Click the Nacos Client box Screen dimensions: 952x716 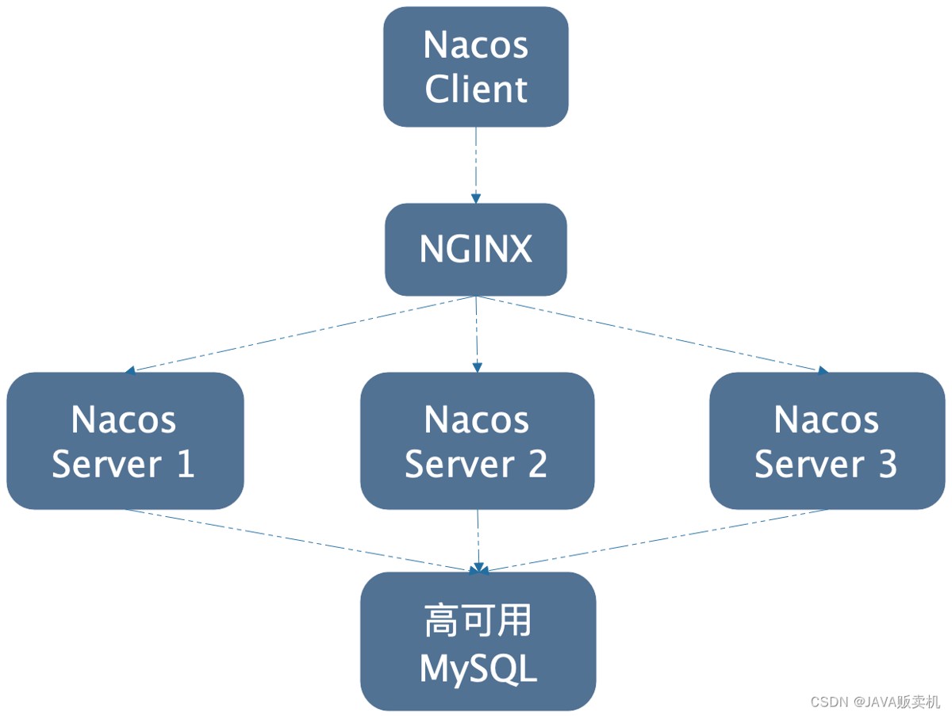[476, 67]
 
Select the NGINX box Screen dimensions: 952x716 [476, 250]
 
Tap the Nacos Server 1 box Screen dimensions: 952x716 [125, 441]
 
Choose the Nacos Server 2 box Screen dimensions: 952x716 [477, 441]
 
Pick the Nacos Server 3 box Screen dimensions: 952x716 [827, 441]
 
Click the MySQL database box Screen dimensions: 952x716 [478, 641]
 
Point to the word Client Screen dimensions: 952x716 [476, 89]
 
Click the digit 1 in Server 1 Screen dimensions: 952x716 [186, 464]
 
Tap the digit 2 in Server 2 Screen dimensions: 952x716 [537, 464]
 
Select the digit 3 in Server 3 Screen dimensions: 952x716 [888, 464]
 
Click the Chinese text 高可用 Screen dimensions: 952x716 [478, 620]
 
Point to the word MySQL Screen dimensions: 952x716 [478, 669]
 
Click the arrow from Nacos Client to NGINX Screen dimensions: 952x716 [476, 165]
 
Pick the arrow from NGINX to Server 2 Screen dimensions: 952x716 [477, 334]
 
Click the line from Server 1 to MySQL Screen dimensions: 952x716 [301, 541]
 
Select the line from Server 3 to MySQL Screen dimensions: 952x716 [653, 541]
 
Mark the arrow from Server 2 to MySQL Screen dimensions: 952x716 [478, 541]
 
